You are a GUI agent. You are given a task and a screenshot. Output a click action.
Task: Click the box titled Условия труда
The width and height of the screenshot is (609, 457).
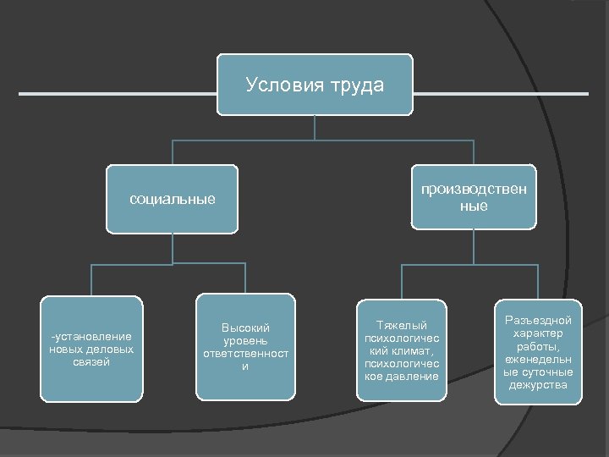[x=315, y=85]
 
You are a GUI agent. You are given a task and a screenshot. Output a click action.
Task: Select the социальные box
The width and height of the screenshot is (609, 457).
[x=172, y=201]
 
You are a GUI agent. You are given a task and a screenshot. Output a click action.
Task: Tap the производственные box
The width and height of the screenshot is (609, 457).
[x=474, y=196]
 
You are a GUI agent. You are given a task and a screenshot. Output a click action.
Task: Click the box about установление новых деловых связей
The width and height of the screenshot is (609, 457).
[x=91, y=348]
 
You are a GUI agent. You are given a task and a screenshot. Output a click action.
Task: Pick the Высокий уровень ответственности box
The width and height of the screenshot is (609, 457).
[x=245, y=346]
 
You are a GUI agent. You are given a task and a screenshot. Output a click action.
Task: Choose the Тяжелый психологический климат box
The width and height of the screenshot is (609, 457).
[x=400, y=350]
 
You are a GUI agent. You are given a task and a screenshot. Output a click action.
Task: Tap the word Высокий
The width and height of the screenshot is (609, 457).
[x=245, y=327]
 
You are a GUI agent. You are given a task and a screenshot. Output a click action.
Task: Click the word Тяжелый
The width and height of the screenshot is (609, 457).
[x=401, y=326]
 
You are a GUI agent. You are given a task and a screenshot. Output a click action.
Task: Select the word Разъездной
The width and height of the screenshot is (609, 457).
[x=538, y=320]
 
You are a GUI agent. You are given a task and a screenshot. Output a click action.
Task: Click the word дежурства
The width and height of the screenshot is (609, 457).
[x=538, y=386]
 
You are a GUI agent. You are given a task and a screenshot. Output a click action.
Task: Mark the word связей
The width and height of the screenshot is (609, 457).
[x=91, y=361]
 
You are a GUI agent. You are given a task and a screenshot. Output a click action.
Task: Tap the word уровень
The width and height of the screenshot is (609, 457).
[x=245, y=340]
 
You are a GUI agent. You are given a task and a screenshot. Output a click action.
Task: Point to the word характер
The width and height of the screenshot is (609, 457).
[x=538, y=333]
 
